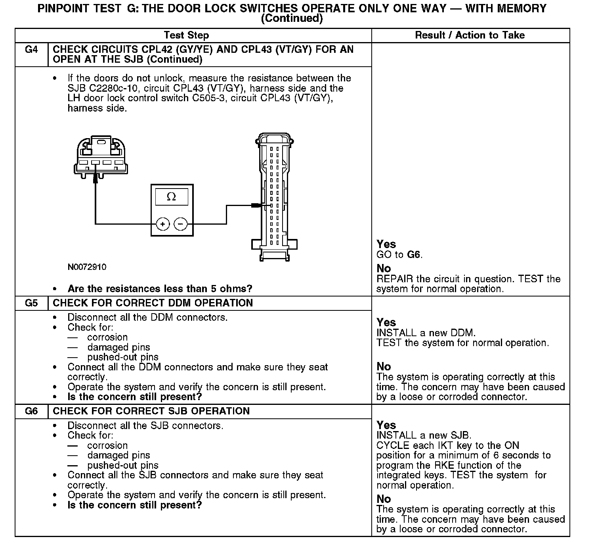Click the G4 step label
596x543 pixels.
(31, 50)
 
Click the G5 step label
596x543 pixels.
(31, 303)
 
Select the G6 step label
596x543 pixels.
(31, 411)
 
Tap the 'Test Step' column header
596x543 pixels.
(186, 35)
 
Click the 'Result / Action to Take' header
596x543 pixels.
(470, 35)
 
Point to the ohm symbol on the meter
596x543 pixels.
(171, 197)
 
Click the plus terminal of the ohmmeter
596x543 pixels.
(162, 224)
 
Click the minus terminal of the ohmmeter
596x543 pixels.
(180, 224)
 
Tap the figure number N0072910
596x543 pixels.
(87, 267)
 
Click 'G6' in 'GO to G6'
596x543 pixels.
(414, 255)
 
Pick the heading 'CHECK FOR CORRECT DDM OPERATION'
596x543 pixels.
(153, 303)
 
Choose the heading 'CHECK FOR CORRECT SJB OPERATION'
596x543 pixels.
(151, 411)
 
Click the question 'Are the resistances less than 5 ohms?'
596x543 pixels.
(160, 289)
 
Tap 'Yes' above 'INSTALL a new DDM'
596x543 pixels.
(386, 322)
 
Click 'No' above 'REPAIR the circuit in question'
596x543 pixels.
(384, 269)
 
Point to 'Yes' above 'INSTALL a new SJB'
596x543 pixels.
(386, 425)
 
